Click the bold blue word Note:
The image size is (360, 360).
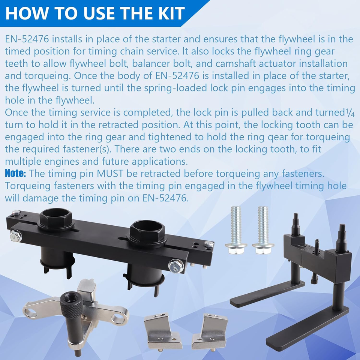[15, 173]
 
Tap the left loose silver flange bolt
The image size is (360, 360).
[236, 230]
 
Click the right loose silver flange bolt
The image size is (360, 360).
[263, 230]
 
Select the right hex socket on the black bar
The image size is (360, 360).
[147, 232]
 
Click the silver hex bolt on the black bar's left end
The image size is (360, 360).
[16, 236]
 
